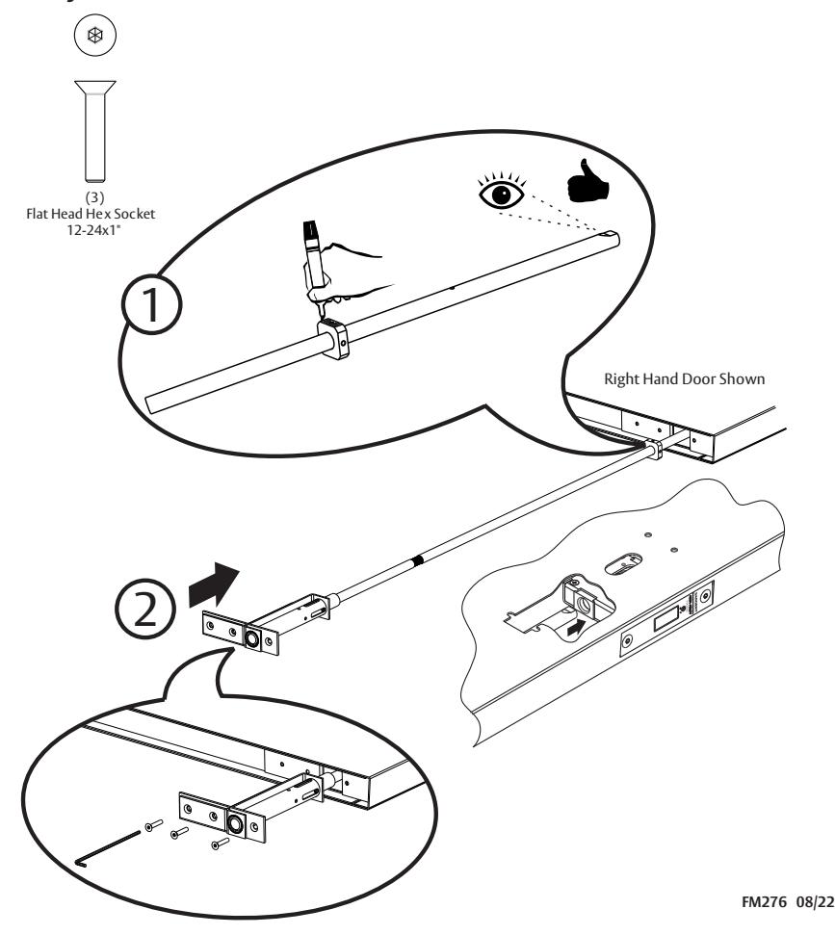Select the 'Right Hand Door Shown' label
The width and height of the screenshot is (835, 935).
685,379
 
